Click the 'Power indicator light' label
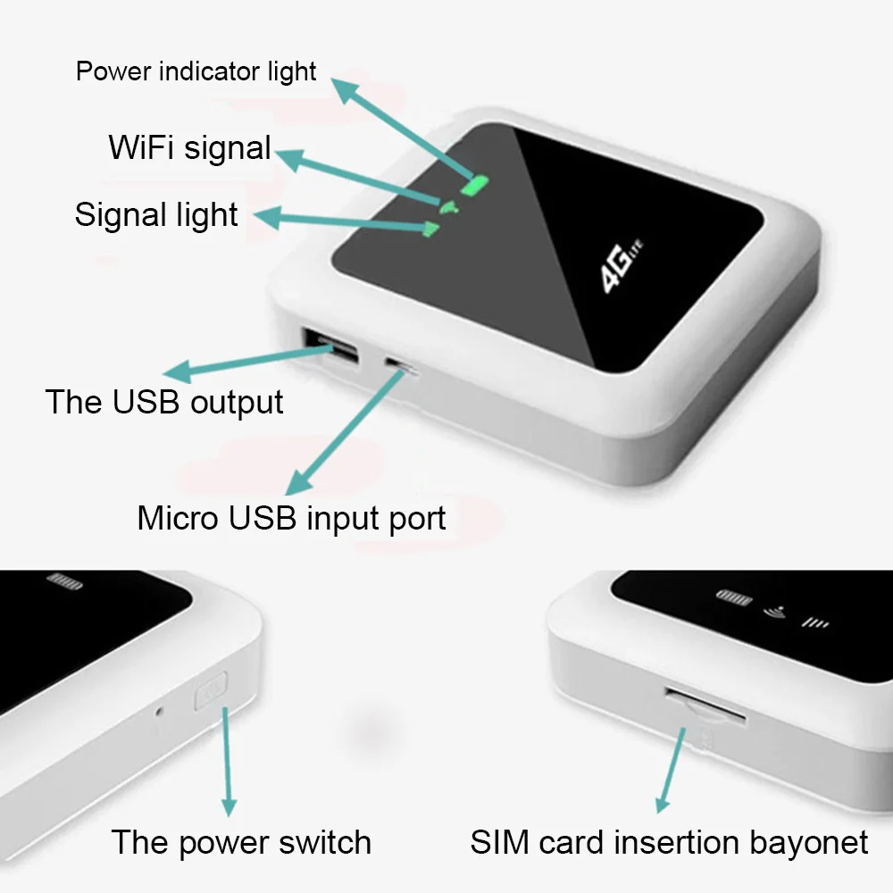196,71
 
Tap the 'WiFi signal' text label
189,147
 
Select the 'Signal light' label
156,215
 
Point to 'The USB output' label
164,402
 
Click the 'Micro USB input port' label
291,518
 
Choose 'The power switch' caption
240,842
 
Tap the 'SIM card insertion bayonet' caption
669,842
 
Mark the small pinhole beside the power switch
159,712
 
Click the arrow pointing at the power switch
228,759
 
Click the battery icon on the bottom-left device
64,580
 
